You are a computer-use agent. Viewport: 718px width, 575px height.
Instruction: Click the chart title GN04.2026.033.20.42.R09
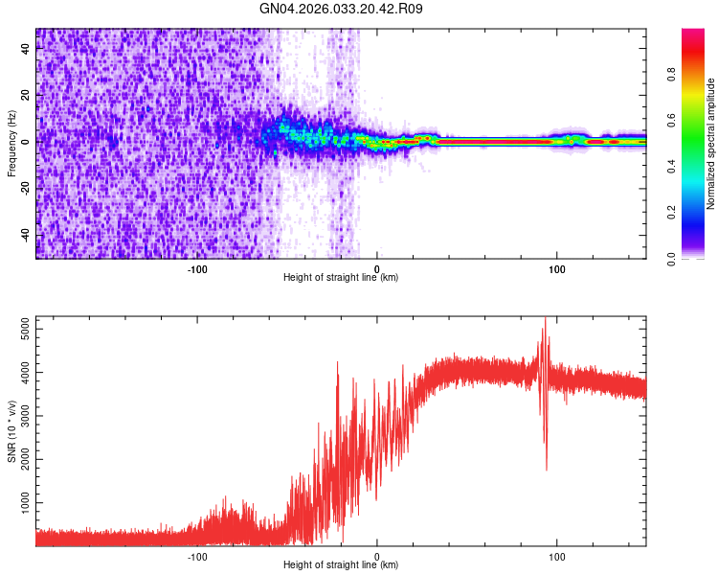tap(342, 10)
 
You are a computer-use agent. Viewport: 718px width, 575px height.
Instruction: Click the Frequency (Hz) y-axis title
tap(11, 143)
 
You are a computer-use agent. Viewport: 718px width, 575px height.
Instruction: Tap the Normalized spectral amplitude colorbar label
tap(710, 143)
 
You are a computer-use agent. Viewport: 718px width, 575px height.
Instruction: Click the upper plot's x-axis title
tap(341, 278)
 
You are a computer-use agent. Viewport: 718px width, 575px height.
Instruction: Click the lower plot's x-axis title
tap(341, 564)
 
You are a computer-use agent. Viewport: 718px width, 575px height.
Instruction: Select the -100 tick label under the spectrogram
tap(197, 268)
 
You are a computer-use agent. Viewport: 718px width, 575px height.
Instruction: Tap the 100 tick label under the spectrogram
tap(556, 268)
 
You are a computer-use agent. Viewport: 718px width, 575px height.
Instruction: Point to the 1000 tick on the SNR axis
tap(20, 502)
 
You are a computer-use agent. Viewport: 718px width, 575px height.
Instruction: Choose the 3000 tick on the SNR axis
tap(20, 416)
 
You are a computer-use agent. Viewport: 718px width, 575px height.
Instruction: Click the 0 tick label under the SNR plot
tap(377, 555)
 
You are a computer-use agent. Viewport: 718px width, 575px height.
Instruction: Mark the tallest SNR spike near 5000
tap(545, 318)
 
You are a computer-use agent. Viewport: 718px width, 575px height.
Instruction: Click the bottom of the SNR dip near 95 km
tap(547, 470)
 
